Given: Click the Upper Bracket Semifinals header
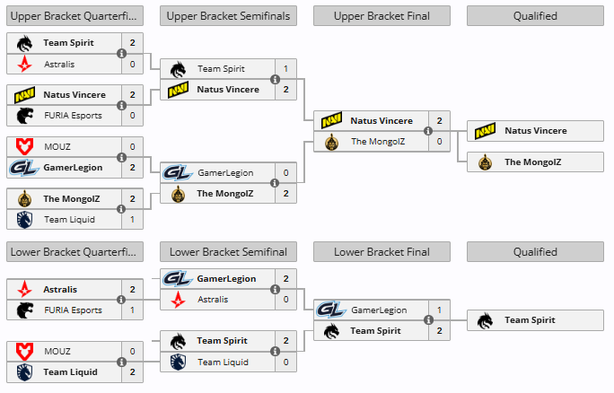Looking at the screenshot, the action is [228, 16].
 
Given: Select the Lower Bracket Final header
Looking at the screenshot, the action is [382, 252].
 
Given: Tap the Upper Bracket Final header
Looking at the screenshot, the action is [382, 16].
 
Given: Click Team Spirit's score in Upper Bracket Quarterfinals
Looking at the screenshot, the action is [132, 43].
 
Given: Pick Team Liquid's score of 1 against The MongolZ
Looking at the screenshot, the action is [132, 220].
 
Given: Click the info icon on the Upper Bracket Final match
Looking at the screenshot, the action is [428, 131].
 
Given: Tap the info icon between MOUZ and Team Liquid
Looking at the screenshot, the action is [122, 362].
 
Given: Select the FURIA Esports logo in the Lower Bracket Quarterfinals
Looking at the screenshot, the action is [24, 310].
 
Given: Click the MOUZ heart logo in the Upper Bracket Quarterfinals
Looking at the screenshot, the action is [24, 147].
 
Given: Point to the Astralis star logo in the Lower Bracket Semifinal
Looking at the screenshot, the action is [178, 300].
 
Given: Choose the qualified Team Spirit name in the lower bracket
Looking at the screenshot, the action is [530, 320].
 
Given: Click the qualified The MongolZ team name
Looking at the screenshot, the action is [532, 162].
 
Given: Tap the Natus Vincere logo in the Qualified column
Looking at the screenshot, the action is [485, 131].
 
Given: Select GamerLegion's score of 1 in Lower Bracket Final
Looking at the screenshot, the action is [439, 310].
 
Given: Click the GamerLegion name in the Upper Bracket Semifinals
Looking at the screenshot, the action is [225, 173].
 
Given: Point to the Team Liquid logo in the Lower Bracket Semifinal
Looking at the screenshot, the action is [178, 362].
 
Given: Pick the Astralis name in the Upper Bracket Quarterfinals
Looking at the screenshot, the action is [59, 65].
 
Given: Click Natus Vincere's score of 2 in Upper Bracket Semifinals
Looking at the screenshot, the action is [285, 90].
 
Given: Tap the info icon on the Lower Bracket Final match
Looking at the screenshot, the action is [428, 320].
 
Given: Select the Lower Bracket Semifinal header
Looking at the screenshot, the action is [228, 252].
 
